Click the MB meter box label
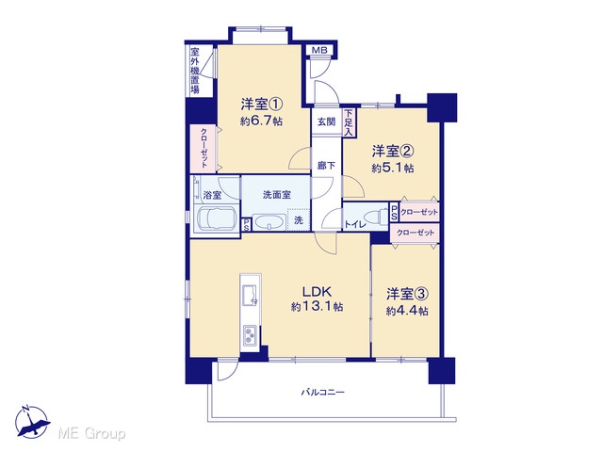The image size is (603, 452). point(318,50)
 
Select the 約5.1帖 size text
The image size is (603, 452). point(393,168)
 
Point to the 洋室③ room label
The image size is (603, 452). point(407,295)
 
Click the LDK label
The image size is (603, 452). point(317,292)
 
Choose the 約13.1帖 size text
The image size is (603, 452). point(318,307)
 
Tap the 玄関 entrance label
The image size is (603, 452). point(327,121)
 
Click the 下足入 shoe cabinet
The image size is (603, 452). point(349,122)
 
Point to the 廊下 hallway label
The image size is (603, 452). point(327,166)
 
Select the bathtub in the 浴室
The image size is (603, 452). point(216,218)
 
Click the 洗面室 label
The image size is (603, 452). point(276,195)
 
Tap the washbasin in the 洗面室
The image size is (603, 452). point(269,223)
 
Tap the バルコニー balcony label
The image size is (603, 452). point(322,393)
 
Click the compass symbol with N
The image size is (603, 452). point(32,422)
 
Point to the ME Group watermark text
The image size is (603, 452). point(91,434)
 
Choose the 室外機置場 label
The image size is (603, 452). point(195,71)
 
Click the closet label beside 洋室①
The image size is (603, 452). point(204,148)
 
